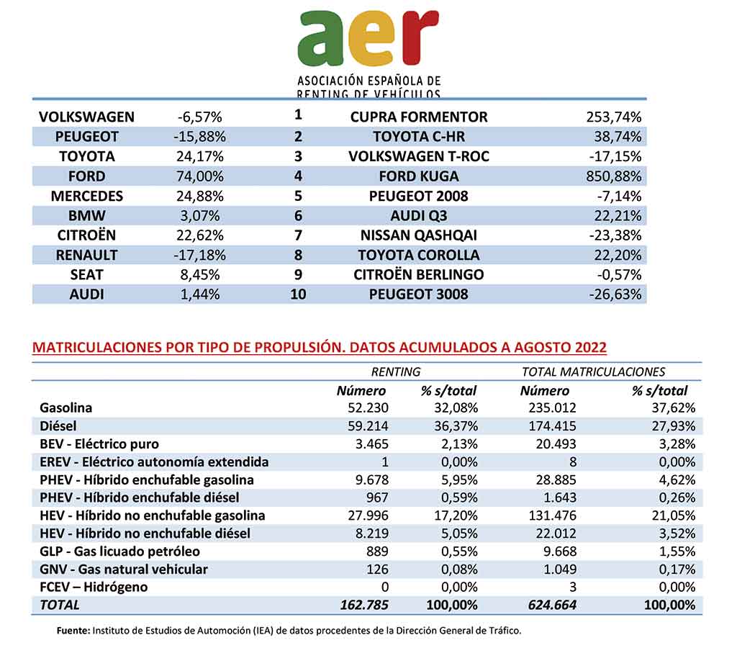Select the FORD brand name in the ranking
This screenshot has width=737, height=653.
(x=86, y=176)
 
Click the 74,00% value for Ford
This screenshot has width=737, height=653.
(x=200, y=176)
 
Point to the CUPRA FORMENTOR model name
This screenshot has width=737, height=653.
(x=419, y=117)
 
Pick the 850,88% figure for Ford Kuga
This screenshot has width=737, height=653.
(x=613, y=176)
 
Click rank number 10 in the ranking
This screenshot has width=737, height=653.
(x=298, y=294)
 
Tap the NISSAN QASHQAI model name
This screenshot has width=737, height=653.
(x=419, y=235)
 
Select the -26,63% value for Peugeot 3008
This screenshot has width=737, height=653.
(x=615, y=294)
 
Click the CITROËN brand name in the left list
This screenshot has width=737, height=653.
(x=86, y=235)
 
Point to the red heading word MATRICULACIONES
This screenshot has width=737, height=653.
(x=97, y=348)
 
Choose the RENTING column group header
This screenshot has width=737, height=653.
(x=396, y=372)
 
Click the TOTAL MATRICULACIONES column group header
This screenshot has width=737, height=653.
(x=593, y=372)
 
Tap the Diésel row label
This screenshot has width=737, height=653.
(x=58, y=426)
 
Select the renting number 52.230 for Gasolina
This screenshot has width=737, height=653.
(x=368, y=407)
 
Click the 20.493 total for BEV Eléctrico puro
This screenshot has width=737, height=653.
(x=556, y=443)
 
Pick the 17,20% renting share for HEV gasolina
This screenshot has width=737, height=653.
(x=456, y=515)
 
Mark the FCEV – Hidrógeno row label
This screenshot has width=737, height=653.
(x=94, y=587)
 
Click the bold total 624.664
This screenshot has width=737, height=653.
(x=552, y=605)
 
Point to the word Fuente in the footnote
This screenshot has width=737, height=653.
(x=73, y=631)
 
